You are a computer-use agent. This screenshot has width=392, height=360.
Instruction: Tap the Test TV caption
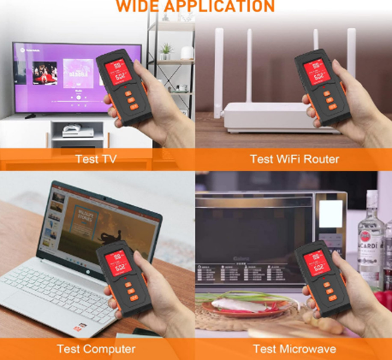coord(96,159)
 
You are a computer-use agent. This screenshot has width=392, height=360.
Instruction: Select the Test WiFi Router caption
coord(294,159)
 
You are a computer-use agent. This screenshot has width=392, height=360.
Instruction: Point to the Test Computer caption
coord(96,349)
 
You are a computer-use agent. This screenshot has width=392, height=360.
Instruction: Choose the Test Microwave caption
coord(294,349)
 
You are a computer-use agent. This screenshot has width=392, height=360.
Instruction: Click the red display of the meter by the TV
coord(118,71)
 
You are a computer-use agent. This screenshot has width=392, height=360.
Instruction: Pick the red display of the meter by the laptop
coord(118,262)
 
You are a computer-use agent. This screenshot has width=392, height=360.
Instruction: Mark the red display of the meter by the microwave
coord(317,262)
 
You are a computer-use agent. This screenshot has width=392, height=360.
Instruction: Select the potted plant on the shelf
coord(166,51)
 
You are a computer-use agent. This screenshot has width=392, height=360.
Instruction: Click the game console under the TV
coord(78,131)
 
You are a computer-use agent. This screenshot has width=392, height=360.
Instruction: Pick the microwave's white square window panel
coord(331,214)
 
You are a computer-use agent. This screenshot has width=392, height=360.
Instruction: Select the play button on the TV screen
coord(79,97)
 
